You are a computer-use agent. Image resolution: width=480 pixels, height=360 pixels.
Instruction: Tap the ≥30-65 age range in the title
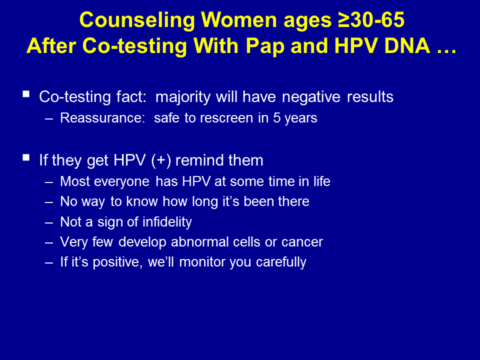click(x=371, y=19)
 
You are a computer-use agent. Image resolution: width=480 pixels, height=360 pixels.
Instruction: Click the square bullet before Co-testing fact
click(x=26, y=94)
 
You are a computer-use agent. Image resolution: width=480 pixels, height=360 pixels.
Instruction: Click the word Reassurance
click(x=102, y=118)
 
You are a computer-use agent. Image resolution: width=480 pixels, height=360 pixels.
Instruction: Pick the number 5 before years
click(x=276, y=118)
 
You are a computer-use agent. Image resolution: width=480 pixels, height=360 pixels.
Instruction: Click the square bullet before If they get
click(x=26, y=157)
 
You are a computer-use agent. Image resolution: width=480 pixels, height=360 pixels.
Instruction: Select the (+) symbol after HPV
click(x=161, y=160)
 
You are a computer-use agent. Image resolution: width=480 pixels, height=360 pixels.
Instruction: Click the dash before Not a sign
click(x=49, y=222)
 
